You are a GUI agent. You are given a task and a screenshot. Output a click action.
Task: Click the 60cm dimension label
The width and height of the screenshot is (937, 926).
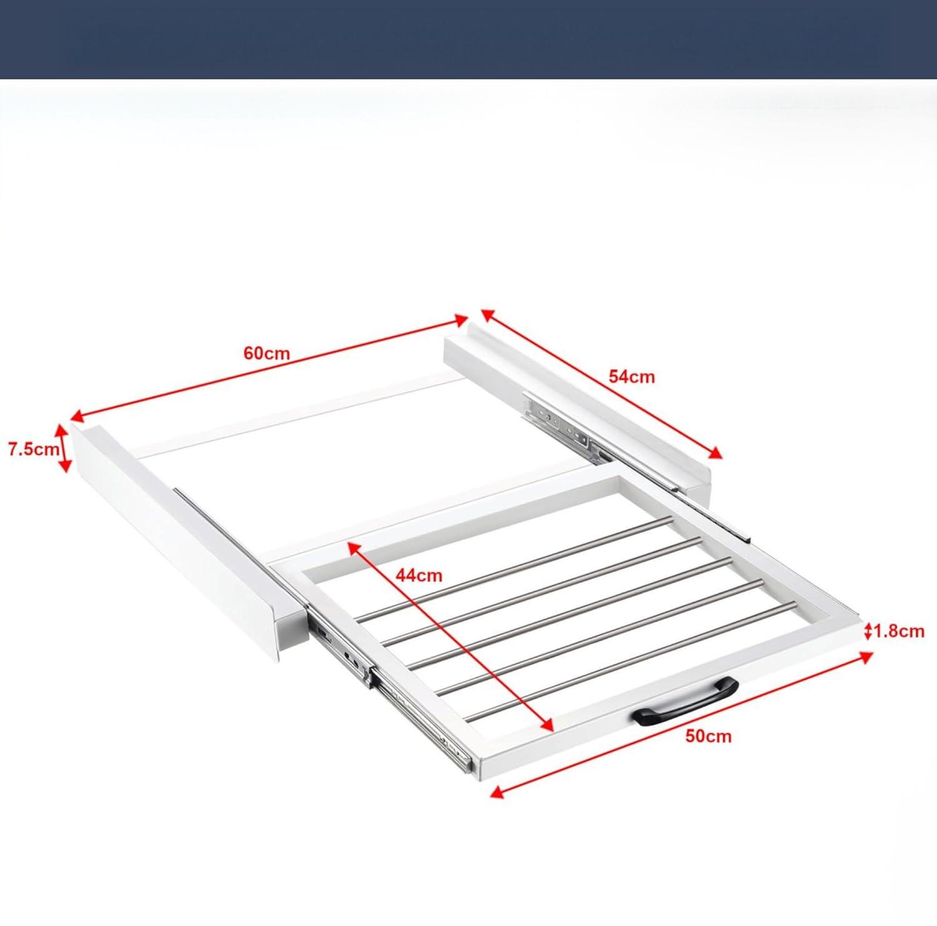(x=267, y=353)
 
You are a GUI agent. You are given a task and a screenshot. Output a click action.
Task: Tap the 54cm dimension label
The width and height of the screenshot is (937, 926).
(x=632, y=377)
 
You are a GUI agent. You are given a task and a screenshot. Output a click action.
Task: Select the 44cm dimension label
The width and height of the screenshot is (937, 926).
(x=419, y=575)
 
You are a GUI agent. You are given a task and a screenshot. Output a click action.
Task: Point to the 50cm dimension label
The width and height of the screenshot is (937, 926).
(x=708, y=736)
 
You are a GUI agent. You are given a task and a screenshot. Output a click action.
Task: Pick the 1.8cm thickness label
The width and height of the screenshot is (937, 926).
(x=899, y=631)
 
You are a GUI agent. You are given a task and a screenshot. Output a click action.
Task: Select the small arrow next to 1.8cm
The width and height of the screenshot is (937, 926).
(x=868, y=632)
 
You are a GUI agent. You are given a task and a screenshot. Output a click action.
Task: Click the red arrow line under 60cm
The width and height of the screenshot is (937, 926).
(x=269, y=369)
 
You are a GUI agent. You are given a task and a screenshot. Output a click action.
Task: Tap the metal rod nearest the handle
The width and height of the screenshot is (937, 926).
(x=631, y=659)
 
